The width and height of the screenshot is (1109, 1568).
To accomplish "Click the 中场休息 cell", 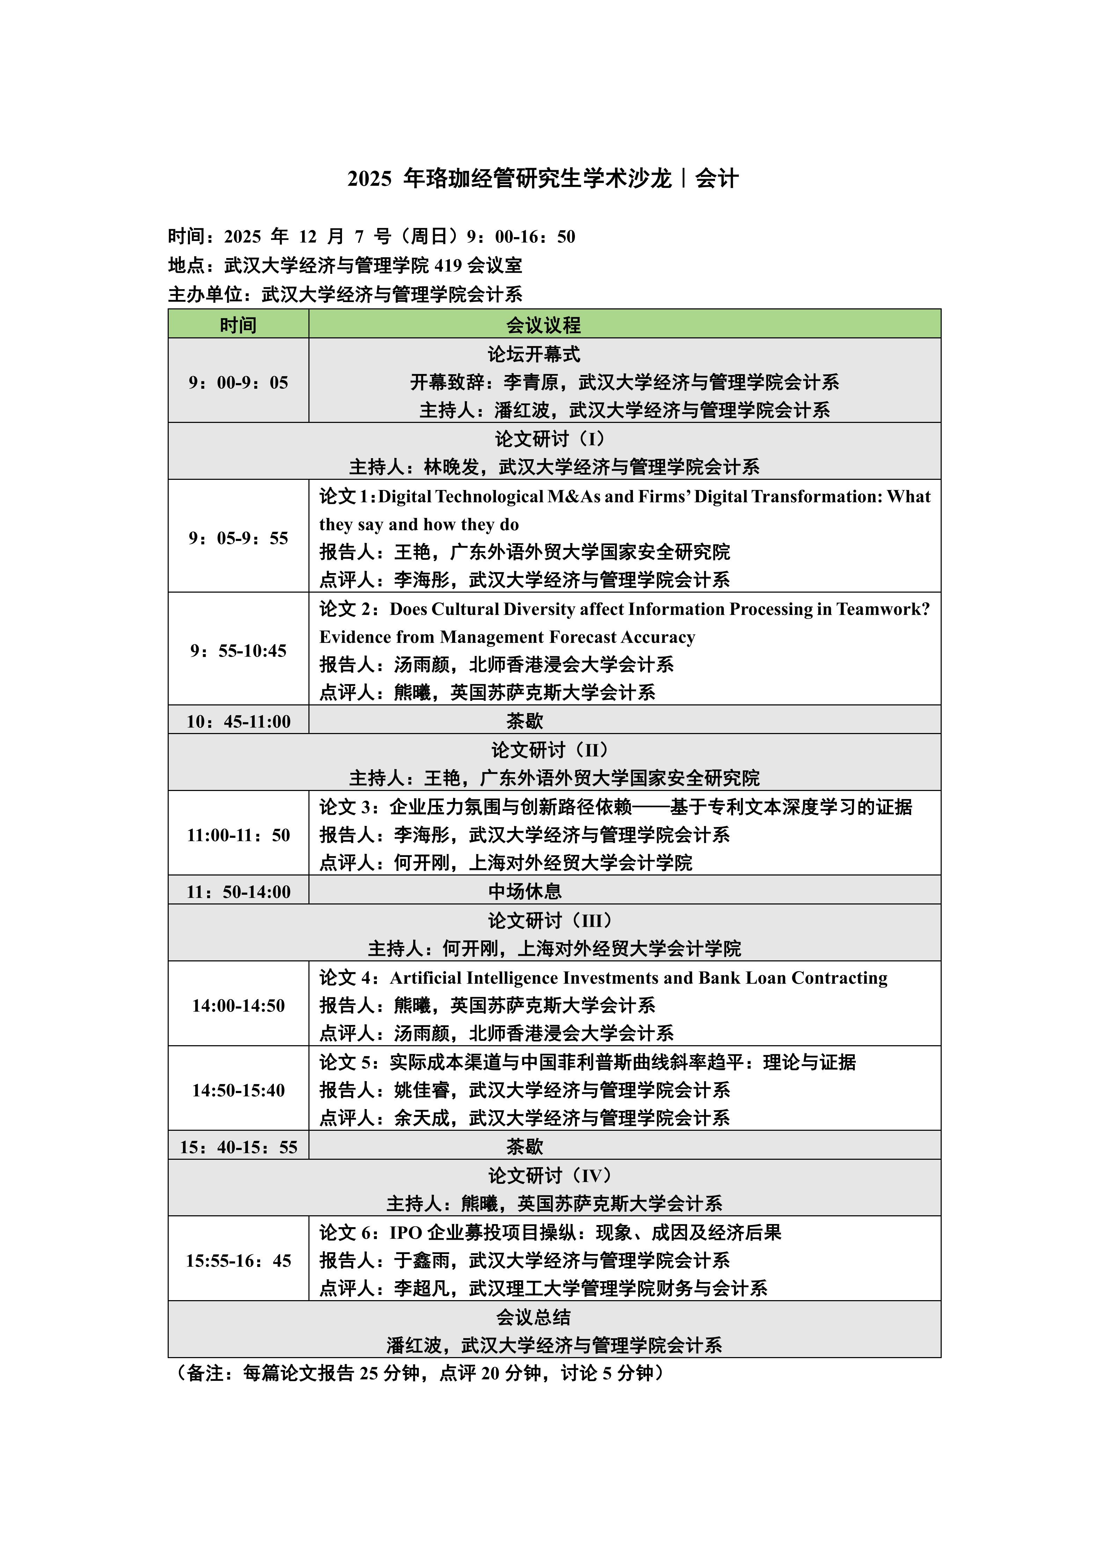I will click(x=524, y=891).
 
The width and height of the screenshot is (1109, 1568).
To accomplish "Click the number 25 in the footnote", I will click(x=369, y=1373).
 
